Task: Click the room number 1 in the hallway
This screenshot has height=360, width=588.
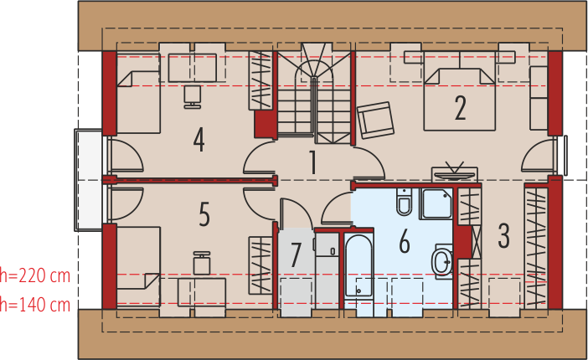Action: tap(312, 162)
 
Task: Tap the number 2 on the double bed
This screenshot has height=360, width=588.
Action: tap(460, 108)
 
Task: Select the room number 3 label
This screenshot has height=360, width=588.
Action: tap(503, 236)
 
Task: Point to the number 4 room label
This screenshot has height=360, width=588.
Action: tap(199, 140)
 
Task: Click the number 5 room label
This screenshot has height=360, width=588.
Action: tap(204, 214)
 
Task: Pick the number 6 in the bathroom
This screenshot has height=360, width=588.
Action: tap(405, 241)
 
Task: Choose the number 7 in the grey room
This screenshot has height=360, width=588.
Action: tap(296, 255)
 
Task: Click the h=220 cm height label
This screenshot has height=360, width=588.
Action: tap(35, 275)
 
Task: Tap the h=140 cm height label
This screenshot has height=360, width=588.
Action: tap(35, 304)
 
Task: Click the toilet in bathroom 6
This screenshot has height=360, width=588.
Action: tap(405, 201)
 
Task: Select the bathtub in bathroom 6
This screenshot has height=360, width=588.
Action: tap(358, 265)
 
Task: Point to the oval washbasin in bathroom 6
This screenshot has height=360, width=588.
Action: tap(442, 261)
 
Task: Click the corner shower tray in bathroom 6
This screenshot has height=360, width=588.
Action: tap(436, 203)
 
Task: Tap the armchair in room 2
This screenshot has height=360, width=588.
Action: tap(375, 120)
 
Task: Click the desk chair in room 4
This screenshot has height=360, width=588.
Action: tap(193, 96)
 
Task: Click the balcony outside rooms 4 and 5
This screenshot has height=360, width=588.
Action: tap(88, 180)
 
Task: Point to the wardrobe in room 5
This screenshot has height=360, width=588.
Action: tap(260, 265)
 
